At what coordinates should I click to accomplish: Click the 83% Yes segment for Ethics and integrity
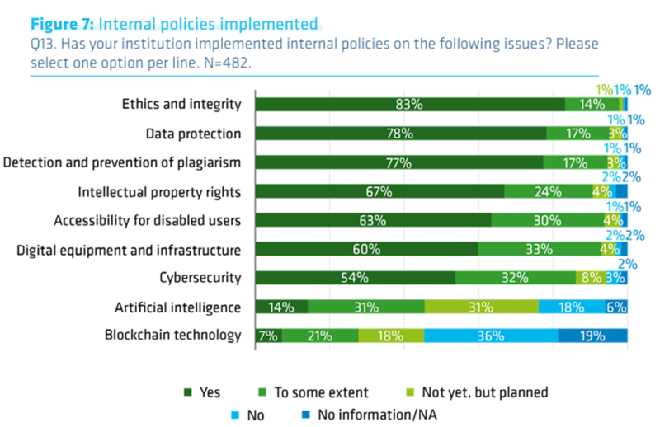point(410,104)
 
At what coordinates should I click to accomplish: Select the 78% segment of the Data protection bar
point(401,134)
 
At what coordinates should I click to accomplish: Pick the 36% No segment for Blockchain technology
point(491,335)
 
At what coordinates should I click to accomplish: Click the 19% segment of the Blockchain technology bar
point(592,335)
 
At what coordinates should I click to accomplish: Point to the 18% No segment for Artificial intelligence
point(571,307)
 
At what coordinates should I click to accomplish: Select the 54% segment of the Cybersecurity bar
point(355,278)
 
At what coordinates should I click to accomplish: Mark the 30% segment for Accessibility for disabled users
point(547,220)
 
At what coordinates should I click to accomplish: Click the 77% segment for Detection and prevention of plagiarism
point(399,162)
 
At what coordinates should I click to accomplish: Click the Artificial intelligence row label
point(177,307)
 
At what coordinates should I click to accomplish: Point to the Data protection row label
point(193,134)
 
